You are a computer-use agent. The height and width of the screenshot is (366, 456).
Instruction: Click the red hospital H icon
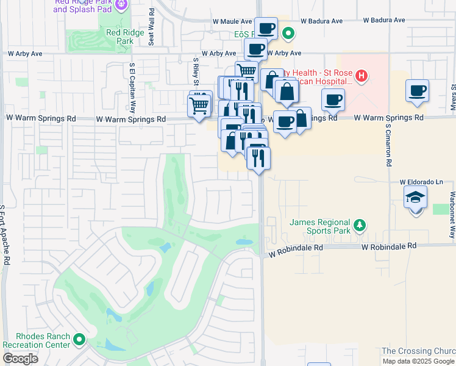pyautogui.click(x=362, y=76)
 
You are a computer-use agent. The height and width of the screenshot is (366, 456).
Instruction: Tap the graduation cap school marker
pyautogui.click(x=415, y=198)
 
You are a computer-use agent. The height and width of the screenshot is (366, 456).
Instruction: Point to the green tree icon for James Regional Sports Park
pyautogui.click(x=360, y=226)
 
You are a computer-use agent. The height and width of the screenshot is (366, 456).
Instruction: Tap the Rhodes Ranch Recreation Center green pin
pyautogui.click(x=79, y=339)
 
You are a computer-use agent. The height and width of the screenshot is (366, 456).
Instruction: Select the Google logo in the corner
pyautogui.click(x=20, y=359)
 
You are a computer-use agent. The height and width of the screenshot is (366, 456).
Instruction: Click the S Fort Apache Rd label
pyautogui.click(x=6, y=235)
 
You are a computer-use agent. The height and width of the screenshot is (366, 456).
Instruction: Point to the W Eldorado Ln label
pyautogui.click(x=421, y=182)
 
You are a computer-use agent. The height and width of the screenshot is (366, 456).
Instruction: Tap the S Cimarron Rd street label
pyautogui.click(x=388, y=147)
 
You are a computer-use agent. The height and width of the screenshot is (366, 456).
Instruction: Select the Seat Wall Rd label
pyautogui.click(x=151, y=29)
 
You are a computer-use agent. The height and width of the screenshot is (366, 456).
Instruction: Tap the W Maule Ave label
pyautogui.click(x=232, y=21)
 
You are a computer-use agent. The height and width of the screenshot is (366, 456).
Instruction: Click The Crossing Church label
pyautogui.click(x=418, y=351)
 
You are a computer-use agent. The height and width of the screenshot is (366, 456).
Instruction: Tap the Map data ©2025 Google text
pyautogui.click(x=418, y=361)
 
